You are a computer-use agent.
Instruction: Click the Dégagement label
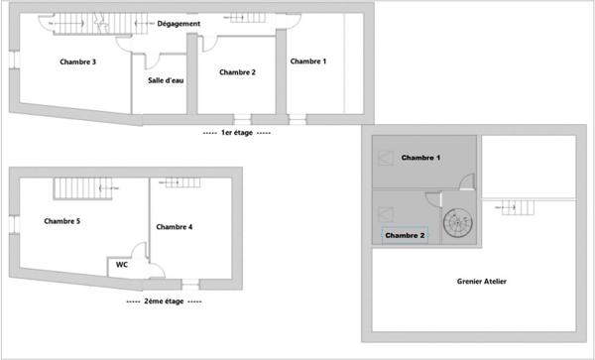pos(178,24)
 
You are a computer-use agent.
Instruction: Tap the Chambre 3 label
pos(77,61)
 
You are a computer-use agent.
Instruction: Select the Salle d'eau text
pos(166,80)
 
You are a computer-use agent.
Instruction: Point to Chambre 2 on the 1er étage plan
pos(238,72)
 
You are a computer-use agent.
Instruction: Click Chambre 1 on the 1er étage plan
pos(308,61)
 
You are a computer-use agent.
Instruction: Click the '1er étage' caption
pos(237,133)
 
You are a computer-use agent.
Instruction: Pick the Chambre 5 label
pos(62,221)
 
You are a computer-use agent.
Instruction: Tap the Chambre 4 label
pos(175,227)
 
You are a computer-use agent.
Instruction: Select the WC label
pos(122,265)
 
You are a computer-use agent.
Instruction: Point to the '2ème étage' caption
pos(164,301)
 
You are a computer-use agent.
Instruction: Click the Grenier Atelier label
pos(482,281)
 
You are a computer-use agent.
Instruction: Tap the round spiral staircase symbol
pos(458,223)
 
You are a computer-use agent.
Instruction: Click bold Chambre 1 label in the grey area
pos(420,158)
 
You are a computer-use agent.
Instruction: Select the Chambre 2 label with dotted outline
pos(405,235)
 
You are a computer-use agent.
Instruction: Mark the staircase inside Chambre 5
pos(83,188)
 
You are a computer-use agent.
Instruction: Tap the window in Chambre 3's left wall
pos(14,60)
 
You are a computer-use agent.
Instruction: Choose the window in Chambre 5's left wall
pos(14,224)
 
